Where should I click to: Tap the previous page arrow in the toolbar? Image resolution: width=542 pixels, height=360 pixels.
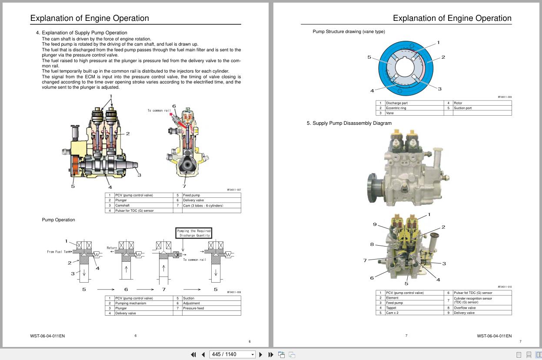pyautogui.click(x=203, y=354)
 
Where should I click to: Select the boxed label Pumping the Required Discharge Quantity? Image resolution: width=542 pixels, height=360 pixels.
pyautogui.click(x=194, y=233)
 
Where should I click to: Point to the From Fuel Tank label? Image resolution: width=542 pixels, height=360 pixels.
pyautogui.click(x=59, y=252)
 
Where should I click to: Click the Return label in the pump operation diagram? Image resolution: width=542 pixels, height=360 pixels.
pyautogui.click(x=112, y=248)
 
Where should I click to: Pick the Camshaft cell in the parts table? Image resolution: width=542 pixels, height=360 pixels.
pyautogui.click(x=122, y=205)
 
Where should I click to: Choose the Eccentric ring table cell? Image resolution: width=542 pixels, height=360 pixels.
pyautogui.click(x=396, y=108)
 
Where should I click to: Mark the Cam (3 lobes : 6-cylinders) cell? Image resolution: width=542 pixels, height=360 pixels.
pyautogui.click(x=203, y=205)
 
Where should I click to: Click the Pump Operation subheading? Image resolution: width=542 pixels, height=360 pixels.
pyautogui.click(x=58, y=220)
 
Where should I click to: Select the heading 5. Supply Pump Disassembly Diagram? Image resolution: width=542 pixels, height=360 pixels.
pyautogui.click(x=349, y=123)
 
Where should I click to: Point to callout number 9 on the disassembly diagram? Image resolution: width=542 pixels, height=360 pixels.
pyautogui.click(x=375, y=224)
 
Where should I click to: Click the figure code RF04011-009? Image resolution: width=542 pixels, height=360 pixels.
pyautogui.click(x=505, y=97)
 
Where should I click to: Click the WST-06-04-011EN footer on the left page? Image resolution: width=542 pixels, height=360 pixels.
pyautogui.click(x=47, y=336)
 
